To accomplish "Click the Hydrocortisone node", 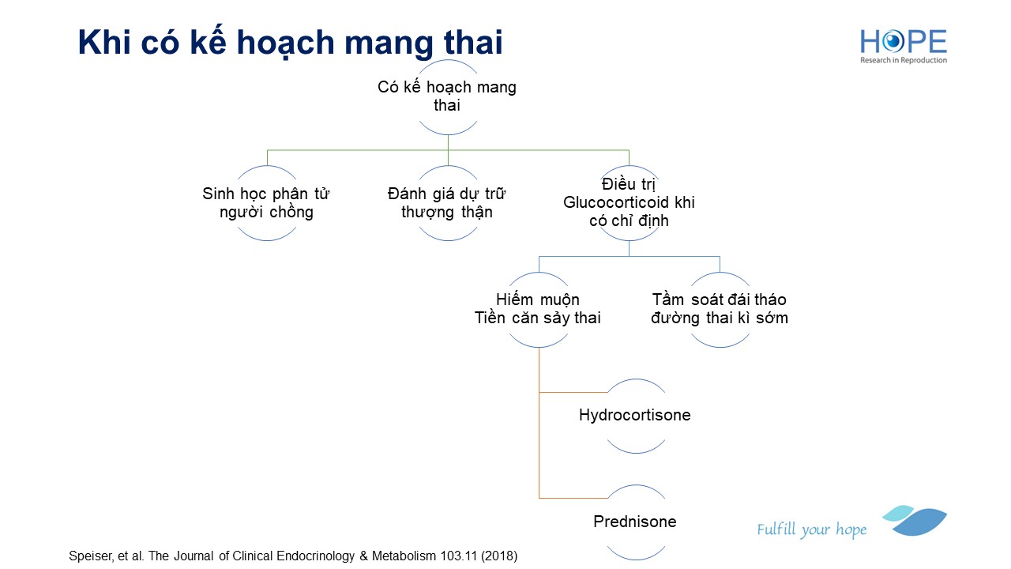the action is (x=635, y=415).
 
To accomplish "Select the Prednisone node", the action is (x=635, y=522).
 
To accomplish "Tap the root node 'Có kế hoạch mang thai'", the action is (x=447, y=96).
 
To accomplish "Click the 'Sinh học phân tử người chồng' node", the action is (x=266, y=203).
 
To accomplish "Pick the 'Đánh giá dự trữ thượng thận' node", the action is (x=447, y=203).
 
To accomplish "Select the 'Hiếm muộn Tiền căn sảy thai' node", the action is (x=538, y=309).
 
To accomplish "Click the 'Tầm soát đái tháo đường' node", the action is (x=720, y=309).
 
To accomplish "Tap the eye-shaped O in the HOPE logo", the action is (x=893, y=42).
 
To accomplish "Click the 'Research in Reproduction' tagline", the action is (x=904, y=60).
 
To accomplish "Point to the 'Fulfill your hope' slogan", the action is (x=812, y=529).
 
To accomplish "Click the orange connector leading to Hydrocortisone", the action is (x=573, y=393).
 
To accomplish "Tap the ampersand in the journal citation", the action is (x=364, y=556).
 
